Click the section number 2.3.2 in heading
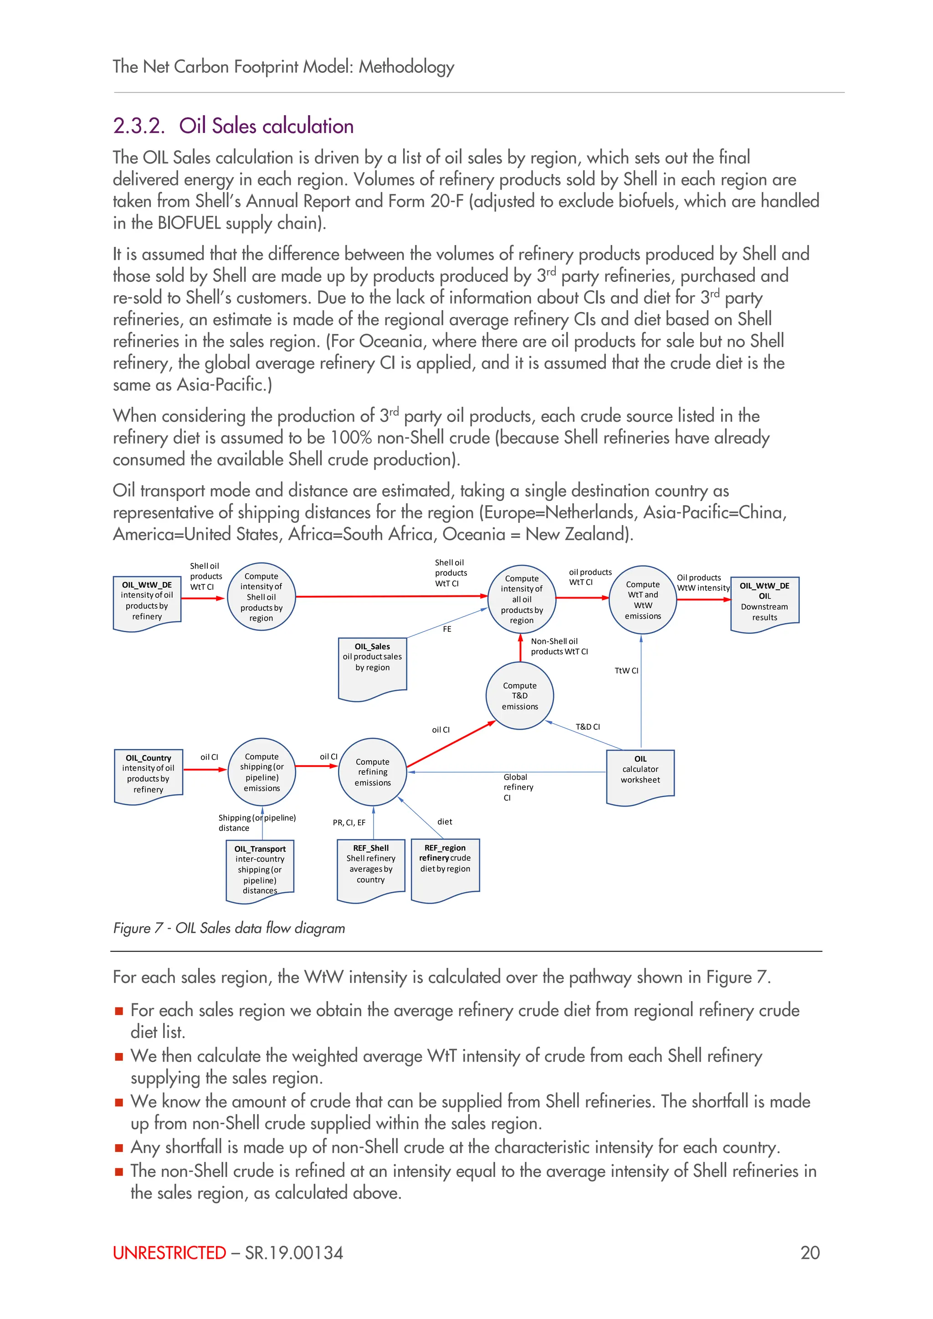point(138,126)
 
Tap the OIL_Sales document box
point(372,666)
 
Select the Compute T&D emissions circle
point(519,695)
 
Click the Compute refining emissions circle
point(372,772)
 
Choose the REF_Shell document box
point(370,868)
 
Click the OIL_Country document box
point(148,774)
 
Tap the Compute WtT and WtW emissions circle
point(642,600)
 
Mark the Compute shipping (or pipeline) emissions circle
point(262,772)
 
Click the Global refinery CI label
point(518,787)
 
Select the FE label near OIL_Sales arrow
point(447,629)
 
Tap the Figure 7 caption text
point(229,928)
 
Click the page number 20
point(810,1253)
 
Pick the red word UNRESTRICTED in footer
point(169,1253)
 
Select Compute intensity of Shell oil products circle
point(261,597)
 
